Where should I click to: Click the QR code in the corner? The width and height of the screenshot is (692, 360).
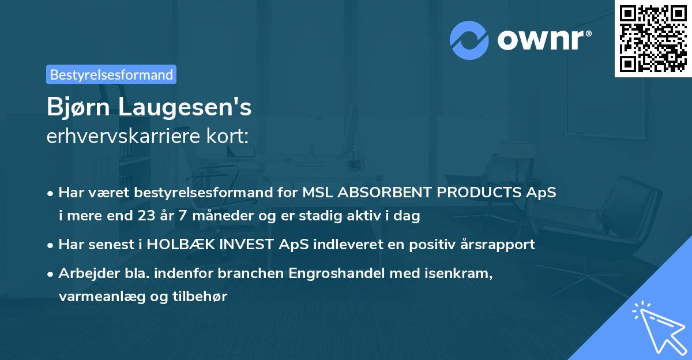[x=653, y=38]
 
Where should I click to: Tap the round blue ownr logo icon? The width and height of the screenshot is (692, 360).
[x=469, y=40]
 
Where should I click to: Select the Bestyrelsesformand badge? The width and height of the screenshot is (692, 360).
[x=111, y=74]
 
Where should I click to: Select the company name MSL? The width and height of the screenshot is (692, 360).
[x=317, y=193]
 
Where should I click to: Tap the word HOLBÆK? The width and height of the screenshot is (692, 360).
[x=179, y=245]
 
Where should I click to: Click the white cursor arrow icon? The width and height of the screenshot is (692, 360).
[x=657, y=326]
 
